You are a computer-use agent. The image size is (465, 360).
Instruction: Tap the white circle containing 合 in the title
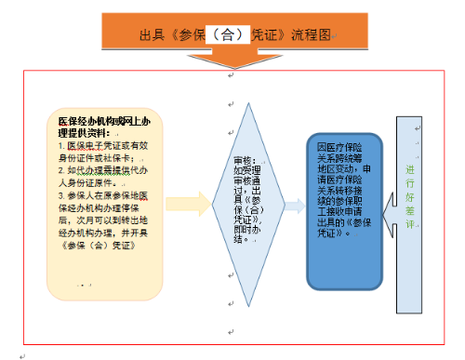228,34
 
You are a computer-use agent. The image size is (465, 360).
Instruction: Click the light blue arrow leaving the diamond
294,206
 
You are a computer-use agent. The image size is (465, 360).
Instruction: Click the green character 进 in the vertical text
410,169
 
